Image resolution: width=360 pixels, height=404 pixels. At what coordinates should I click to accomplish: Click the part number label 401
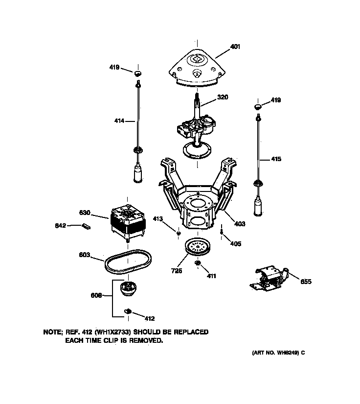pyautogui.click(x=235, y=48)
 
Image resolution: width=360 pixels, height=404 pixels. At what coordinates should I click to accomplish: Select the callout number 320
pyautogui.click(x=223, y=97)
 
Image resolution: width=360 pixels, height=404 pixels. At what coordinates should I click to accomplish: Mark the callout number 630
pyautogui.click(x=85, y=213)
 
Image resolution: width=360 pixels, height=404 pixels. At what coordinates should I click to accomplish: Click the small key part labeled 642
pyautogui.click(x=87, y=226)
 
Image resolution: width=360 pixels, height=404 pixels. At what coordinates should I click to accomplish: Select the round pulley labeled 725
pyautogui.click(x=198, y=247)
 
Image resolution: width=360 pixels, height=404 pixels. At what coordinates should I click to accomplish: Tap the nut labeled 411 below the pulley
pyautogui.click(x=199, y=264)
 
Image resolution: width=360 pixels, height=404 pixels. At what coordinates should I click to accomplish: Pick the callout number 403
pyautogui.click(x=239, y=224)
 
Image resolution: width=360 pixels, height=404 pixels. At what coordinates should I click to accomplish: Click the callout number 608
pyautogui.click(x=97, y=295)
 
